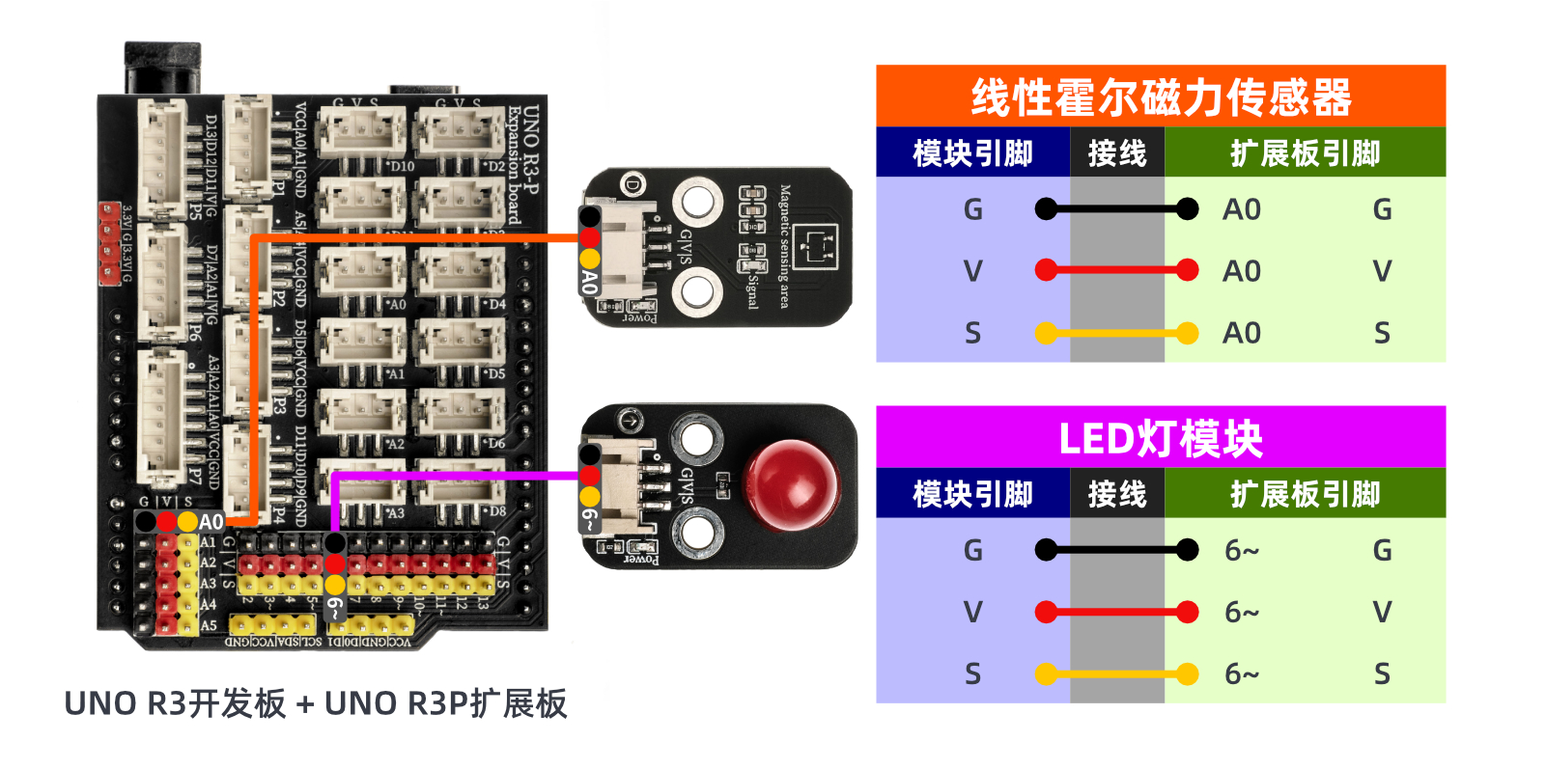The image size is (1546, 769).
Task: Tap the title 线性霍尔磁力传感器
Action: (x=1160, y=97)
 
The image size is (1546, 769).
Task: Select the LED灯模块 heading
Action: (x=1160, y=438)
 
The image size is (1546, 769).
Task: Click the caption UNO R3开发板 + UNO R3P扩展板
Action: (x=315, y=703)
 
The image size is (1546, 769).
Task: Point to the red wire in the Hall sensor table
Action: (x=1116, y=270)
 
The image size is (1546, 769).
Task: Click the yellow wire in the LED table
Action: (x=1116, y=673)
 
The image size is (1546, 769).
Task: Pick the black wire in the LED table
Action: (x=1116, y=550)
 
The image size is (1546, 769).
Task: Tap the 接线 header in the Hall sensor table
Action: (x=1116, y=153)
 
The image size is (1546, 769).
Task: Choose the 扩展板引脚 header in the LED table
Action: (x=1305, y=494)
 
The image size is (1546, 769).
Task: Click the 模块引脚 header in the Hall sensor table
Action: (x=972, y=153)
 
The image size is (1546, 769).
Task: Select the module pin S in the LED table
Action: (x=972, y=673)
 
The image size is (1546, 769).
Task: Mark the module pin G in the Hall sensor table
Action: (x=972, y=209)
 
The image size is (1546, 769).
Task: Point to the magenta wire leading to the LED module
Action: (x=454, y=475)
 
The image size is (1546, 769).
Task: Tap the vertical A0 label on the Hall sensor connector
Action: (x=589, y=282)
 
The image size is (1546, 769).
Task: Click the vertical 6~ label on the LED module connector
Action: (x=589, y=521)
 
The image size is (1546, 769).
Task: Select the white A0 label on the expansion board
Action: (x=211, y=522)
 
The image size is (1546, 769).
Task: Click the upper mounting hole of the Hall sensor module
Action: (x=697, y=203)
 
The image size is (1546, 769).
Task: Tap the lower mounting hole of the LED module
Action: (x=697, y=530)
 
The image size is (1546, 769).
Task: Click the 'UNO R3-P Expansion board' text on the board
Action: (x=522, y=164)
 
